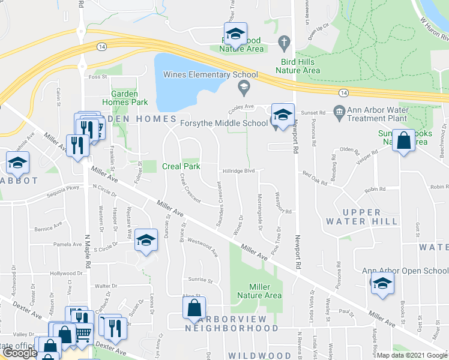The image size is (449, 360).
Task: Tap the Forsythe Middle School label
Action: (x=224, y=124)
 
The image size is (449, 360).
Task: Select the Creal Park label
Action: (x=181, y=166)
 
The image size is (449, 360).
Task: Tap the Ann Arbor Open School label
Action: (x=405, y=271)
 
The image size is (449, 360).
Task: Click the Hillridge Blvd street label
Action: (x=239, y=171)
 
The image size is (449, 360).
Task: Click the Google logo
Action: (x=19, y=353)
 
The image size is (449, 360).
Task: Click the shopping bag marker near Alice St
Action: (x=194, y=310)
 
